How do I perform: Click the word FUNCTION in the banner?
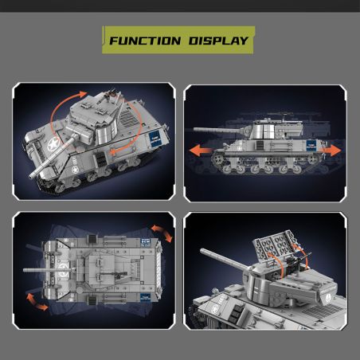pos(145,41)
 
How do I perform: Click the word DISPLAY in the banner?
pos(218,41)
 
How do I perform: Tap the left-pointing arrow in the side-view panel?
pos(201,151)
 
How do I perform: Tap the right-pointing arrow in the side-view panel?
pos(330,150)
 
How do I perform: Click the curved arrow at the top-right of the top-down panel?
pos(162,233)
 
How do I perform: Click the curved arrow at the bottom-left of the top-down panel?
pos(37,301)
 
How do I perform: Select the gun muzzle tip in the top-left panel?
pos(32,175)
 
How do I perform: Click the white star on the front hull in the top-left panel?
pos(53,145)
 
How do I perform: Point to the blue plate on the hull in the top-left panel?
pos(155,139)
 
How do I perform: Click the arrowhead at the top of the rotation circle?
pos(83,93)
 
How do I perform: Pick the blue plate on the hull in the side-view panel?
pos(311,145)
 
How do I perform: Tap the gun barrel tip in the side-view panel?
pos(195,129)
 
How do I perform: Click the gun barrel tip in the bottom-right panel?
pos(202,251)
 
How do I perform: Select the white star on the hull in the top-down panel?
pos(63,268)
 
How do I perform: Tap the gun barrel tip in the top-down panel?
pos(25,270)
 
